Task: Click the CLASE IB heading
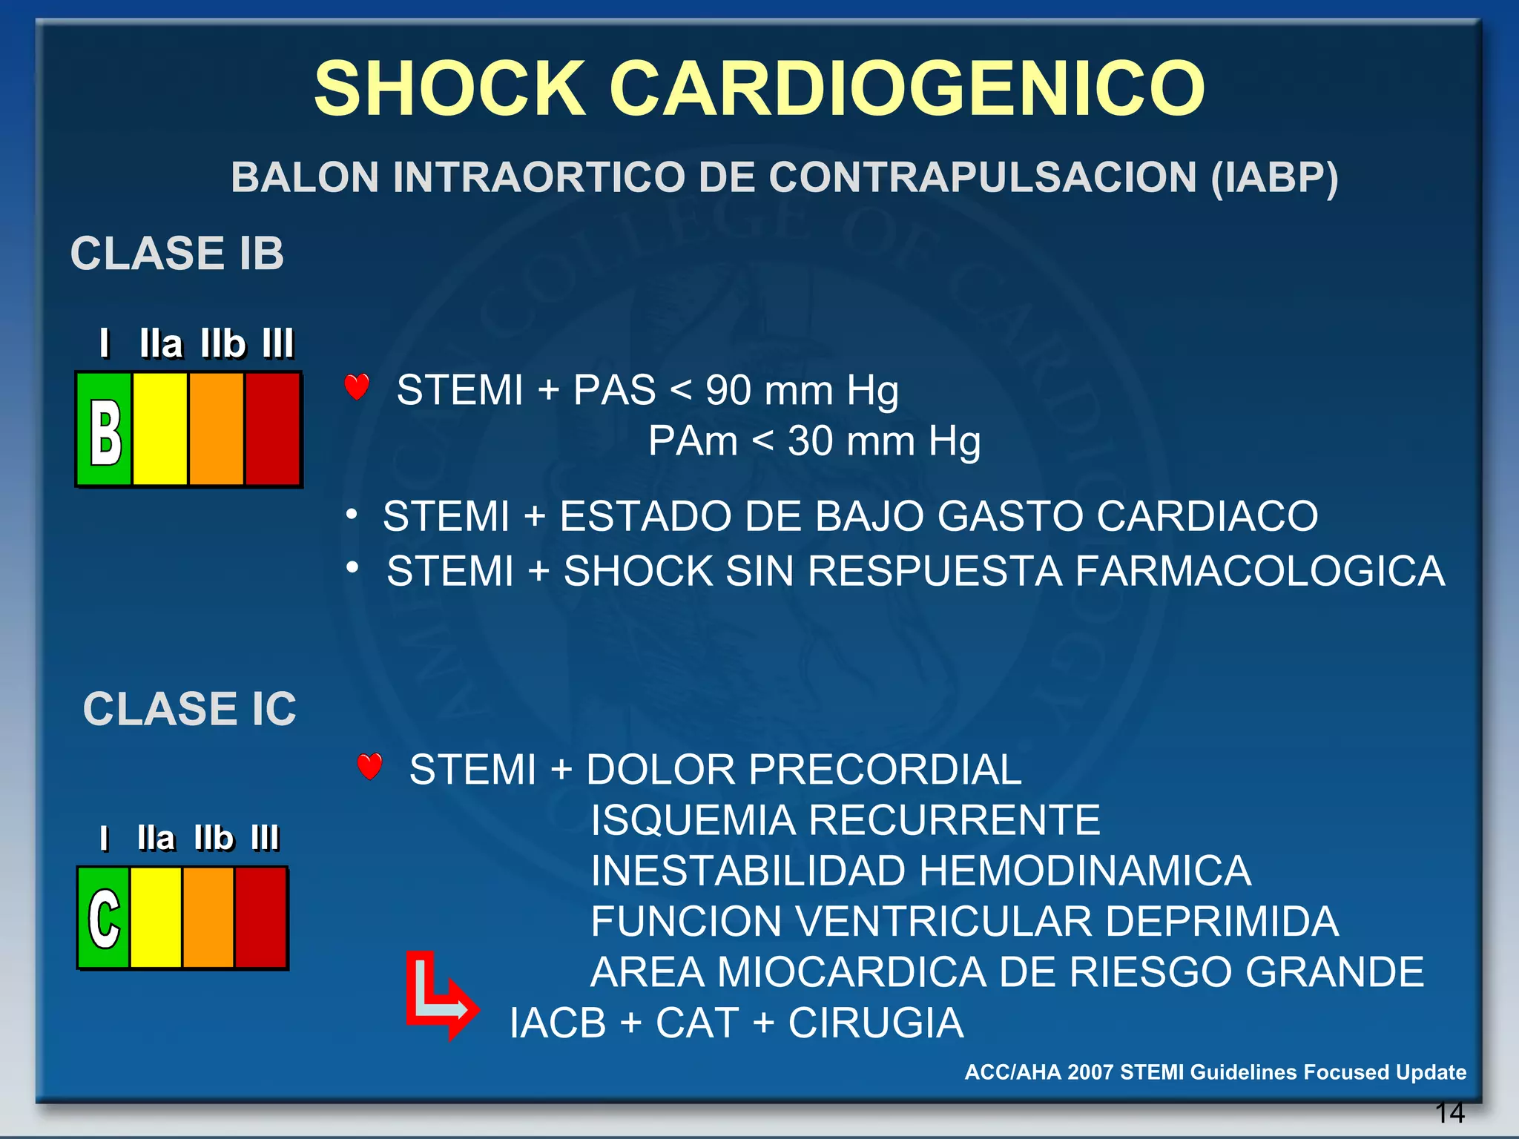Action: [177, 254]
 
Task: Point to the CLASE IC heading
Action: [190, 709]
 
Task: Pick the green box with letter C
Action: [104, 918]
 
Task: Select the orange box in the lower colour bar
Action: [208, 918]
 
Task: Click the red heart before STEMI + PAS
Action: [357, 387]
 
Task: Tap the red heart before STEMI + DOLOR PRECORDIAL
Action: [369, 766]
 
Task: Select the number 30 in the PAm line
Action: [811, 441]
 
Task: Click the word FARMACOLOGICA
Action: [1259, 571]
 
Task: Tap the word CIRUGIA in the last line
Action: [875, 1023]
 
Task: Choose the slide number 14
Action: [1449, 1113]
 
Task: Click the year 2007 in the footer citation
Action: [1090, 1072]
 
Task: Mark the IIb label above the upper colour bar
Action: [223, 343]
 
